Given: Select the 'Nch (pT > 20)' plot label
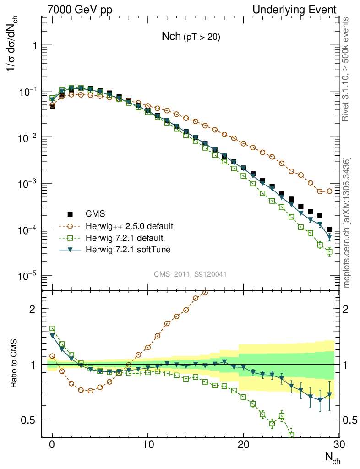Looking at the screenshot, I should click(x=191, y=38).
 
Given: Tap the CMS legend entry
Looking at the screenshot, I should click(x=95, y=213).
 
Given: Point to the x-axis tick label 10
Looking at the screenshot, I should click(x=147, y=445).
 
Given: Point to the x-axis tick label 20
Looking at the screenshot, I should click(x=243, y=445).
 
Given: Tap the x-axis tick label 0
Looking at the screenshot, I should click(x=52, y=445).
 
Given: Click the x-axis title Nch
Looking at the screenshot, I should click(x=332, y=457).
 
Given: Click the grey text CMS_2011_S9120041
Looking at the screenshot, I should click(x=190, y=274).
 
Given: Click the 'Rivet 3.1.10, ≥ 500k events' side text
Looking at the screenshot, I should click(x=346, y=69).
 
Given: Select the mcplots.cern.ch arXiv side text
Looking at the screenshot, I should click(x=347, y=223).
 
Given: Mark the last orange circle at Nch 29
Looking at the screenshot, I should click(x=329, y=191).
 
